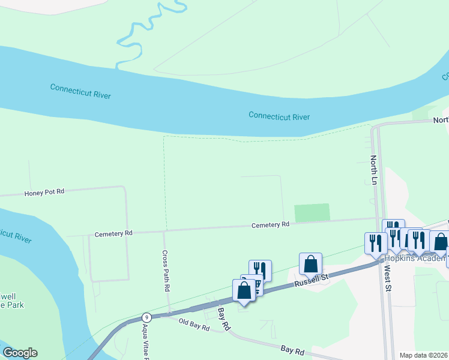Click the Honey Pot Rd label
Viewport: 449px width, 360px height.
click(44, 193)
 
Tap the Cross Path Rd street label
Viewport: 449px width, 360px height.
click(166, 271)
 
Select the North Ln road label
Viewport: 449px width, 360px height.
click(373, 169)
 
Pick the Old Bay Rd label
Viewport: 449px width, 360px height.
click(194, 326)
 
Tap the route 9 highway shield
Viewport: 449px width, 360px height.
click(146, 317)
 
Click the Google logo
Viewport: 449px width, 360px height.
click(20, 353)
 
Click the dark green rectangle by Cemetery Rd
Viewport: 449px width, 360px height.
click(312, 212)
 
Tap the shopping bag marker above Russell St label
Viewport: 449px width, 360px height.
click(310, 263)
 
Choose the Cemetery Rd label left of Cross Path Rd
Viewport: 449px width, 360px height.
click(113, 232)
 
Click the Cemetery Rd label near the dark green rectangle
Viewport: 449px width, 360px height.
click(270, 224)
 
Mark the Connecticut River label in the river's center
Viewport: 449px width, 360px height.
click(279, 116)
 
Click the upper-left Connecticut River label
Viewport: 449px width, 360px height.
click(80, 91)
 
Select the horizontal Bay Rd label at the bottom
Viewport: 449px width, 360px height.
click(293, 349)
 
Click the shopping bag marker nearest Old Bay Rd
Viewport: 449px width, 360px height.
click(244, 290)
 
